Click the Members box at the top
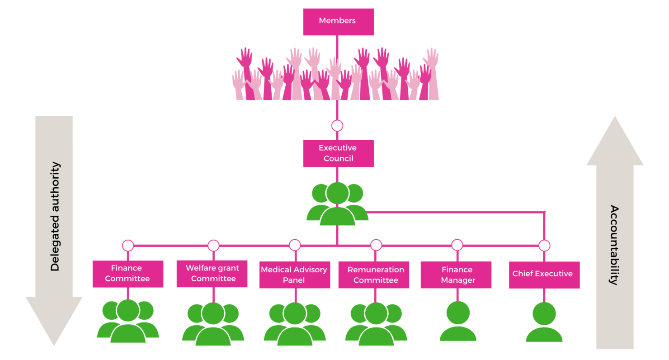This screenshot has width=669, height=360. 338,21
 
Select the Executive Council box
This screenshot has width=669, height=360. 338,153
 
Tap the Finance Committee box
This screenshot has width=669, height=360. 127,274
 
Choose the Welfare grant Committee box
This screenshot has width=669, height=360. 212,274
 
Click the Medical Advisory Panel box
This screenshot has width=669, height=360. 294,275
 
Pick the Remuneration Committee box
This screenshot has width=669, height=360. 375,275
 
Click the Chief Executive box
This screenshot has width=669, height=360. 543,275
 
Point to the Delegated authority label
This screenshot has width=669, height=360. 55,217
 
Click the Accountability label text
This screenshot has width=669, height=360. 613,245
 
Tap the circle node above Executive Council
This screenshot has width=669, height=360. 337,126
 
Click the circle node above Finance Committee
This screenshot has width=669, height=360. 128,246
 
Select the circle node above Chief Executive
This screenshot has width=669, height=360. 544,246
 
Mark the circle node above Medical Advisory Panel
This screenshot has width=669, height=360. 295,245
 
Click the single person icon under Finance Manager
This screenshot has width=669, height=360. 458,322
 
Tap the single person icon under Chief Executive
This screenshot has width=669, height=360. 544,322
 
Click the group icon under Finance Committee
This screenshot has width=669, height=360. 128,322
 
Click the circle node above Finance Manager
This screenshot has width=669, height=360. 457,245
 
